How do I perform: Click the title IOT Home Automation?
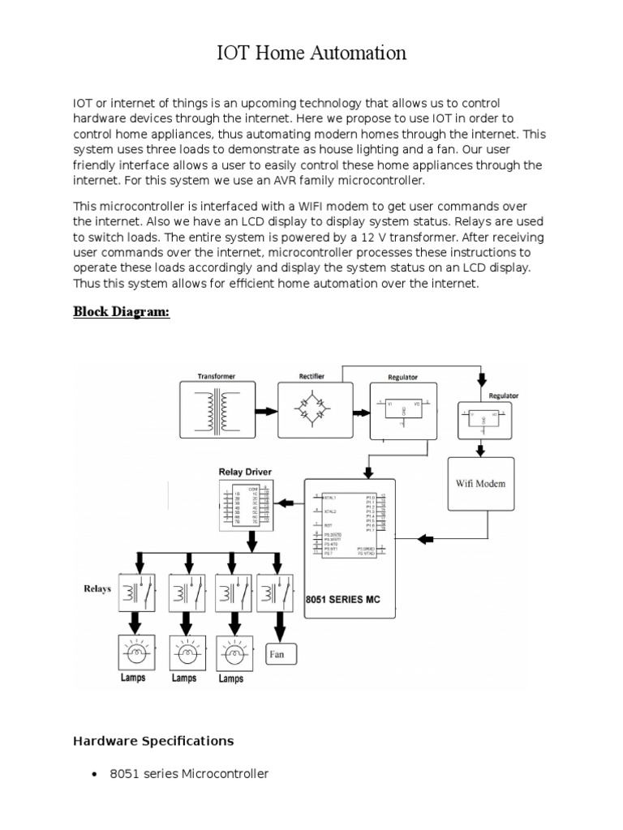tap(311, 53)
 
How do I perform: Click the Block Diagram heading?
tap(122, 312)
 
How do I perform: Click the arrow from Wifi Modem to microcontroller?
tap(423, 539)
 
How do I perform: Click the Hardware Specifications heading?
tap(153, 741)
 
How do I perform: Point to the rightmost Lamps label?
tap(231, 678)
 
